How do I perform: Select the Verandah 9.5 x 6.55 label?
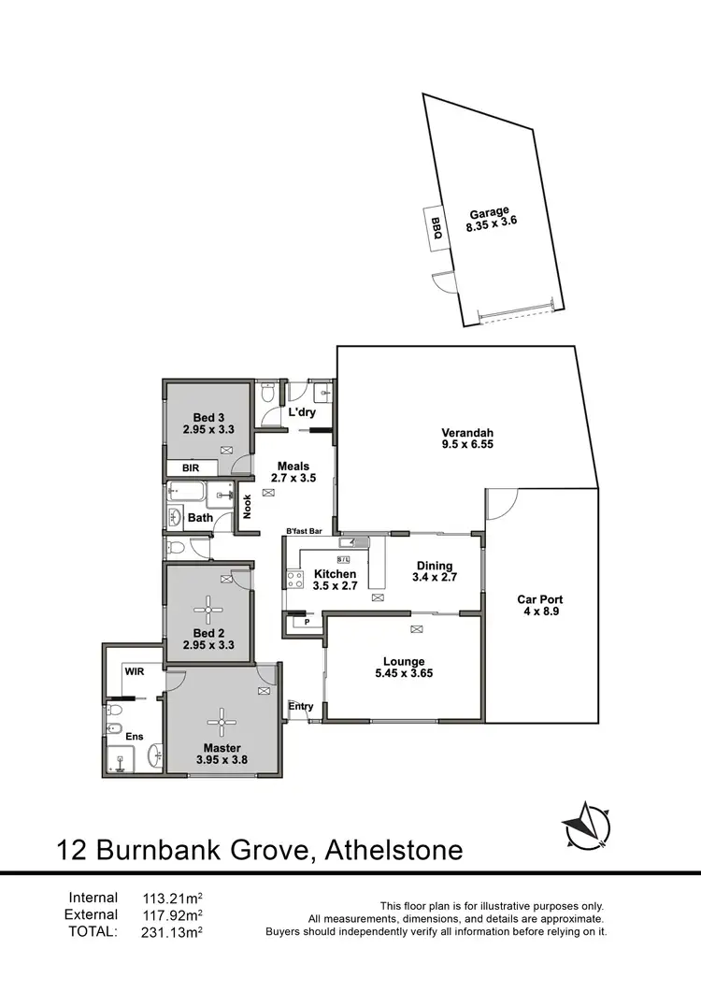[467, 439]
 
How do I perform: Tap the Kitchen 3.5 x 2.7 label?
[336, 580]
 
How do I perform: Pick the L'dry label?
[301, 412]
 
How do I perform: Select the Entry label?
[300, 706]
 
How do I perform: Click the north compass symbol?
[586, 826]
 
